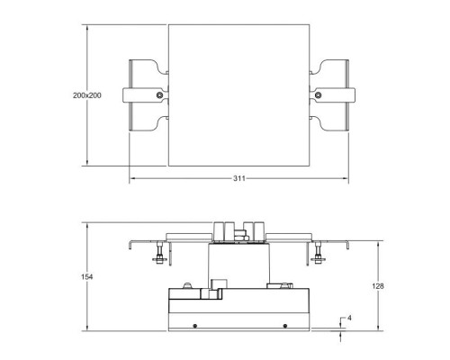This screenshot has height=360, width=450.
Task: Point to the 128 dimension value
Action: click(378, 285)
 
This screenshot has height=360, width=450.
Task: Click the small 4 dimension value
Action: click(348, 318)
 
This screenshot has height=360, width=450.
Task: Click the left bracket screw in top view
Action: click(159, 95)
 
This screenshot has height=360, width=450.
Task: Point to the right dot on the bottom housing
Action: click(284, 324)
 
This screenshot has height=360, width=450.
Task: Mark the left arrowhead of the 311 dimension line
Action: click(132, 179)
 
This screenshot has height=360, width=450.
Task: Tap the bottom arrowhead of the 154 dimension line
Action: click(87, 332)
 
